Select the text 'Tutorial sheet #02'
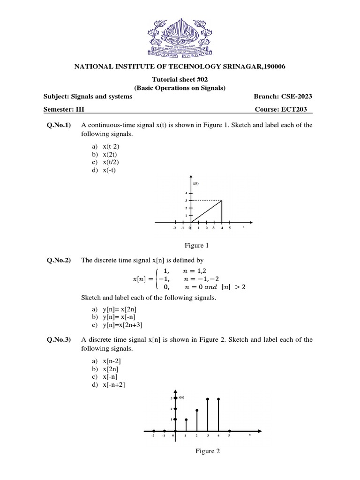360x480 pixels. [180, 80]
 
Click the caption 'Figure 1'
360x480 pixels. [194, 245]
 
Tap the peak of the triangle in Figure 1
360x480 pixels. [221, 200]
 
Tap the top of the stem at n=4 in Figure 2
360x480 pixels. [218, 399]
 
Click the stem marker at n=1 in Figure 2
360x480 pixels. [186, 420]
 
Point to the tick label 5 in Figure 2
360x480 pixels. [229, 435]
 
